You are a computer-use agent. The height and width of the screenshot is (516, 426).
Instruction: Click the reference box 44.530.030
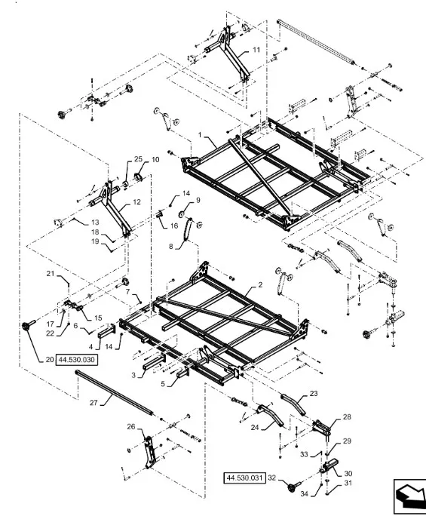[x=77, y=360]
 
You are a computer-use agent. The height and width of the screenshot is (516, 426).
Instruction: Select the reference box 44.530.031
[x=244, y=478]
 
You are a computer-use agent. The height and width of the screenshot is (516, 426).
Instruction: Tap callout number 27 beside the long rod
[x=93, y=403]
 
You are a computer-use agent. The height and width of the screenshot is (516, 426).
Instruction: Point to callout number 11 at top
[x=256, y=50]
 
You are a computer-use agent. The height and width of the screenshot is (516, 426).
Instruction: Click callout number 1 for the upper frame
[x=200, y=134]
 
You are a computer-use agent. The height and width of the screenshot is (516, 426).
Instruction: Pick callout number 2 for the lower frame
[x=260, y=284]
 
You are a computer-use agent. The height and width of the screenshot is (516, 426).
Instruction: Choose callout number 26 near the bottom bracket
[x=131, y=427]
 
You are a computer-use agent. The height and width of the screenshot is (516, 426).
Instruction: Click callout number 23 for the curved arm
[x=314, y=393]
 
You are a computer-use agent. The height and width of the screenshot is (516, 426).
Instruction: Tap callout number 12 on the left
[x=136, y=201]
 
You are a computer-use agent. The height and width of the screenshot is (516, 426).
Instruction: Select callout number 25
[x=138, y=159]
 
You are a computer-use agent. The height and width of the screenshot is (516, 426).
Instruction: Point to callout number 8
[x=170, y=246]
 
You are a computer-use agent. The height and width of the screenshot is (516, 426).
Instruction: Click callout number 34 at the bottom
[x=305, y=493]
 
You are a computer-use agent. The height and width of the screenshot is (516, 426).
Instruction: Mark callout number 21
[x=50, y=274]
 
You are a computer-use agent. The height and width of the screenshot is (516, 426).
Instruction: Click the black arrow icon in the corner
[x=409, y=496]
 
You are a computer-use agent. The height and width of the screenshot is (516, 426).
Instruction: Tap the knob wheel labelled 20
[x=27, y=325]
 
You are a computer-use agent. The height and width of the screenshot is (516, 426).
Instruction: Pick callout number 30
[x=348, y=473]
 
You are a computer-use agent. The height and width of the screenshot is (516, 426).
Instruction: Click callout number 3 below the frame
[x=133, y=375]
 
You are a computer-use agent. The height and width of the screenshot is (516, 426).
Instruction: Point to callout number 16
[x=174, y=226]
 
